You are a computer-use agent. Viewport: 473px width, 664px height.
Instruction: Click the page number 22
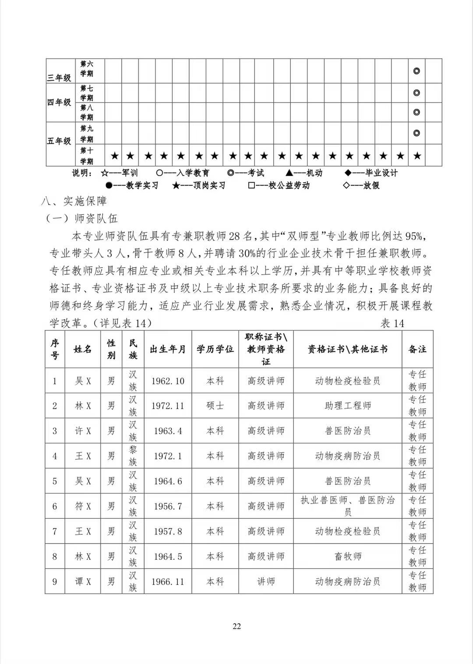pyautogui.click(x=236, y=626)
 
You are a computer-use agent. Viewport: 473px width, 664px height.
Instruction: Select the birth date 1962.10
pyautogui.click(x=168, y=381)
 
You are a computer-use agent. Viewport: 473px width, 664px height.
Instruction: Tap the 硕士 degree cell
pyautogui.click(x=215, y=406)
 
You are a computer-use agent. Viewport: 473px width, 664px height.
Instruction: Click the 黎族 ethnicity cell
pyautogui.click(x=133, y=456)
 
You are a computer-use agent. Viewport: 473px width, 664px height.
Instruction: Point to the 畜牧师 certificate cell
pyautogui.click(x=348, y=557)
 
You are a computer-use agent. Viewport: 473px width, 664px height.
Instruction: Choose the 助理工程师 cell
pyautogui.click(x=348, y=406)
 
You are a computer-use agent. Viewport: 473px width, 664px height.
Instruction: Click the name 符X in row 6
pyautogui.click(x=83, y=506)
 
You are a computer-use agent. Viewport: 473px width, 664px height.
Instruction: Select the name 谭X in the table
pyautogui.click(x=83, y=582)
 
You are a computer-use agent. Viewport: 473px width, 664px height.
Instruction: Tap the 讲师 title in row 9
pyautogui.click(x=266, y=582)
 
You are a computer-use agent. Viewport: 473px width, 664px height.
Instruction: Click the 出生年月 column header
pyautogui.click(x=168, y=350)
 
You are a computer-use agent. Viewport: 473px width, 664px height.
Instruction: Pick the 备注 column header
pyautogui.click(x=417, y=350)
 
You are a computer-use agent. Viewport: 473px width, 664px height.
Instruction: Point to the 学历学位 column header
pyautogui.click(x=215, y=350)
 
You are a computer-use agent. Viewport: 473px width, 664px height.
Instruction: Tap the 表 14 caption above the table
pyautogui.click(x=392, y=324)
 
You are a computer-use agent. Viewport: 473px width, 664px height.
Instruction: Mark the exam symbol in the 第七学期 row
pyautogui.click(x=417, y=93)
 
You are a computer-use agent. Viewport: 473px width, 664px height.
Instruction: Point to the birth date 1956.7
pyautogui.click(x=168, y=506)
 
